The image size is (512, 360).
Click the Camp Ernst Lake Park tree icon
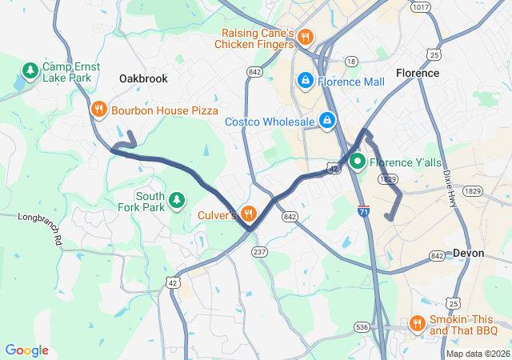[x=30, y=71]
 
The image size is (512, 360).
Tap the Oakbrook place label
[x=143, y=78]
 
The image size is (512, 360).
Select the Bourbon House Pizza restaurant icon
[x=99, y=110]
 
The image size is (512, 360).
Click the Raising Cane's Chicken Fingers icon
[x=306, y=38]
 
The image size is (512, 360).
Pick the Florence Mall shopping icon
[x=306, y=81]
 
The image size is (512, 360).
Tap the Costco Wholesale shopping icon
[x=326, y=121]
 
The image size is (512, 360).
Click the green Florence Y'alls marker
[x=357, y=161]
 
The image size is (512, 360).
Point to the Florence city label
[x=417, y=73]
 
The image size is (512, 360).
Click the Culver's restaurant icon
[x=248, y=214]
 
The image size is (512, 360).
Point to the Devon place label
[x=468, y=253]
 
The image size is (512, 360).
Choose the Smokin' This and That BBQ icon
[x=417, y=323]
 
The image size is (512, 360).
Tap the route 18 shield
[x=350, y=61]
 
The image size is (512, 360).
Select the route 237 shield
[x=258, y=252]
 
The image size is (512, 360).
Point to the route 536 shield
[x=362, y=327]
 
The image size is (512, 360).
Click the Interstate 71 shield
[x=364, y=210]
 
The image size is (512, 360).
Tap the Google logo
[x=26, y=350]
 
